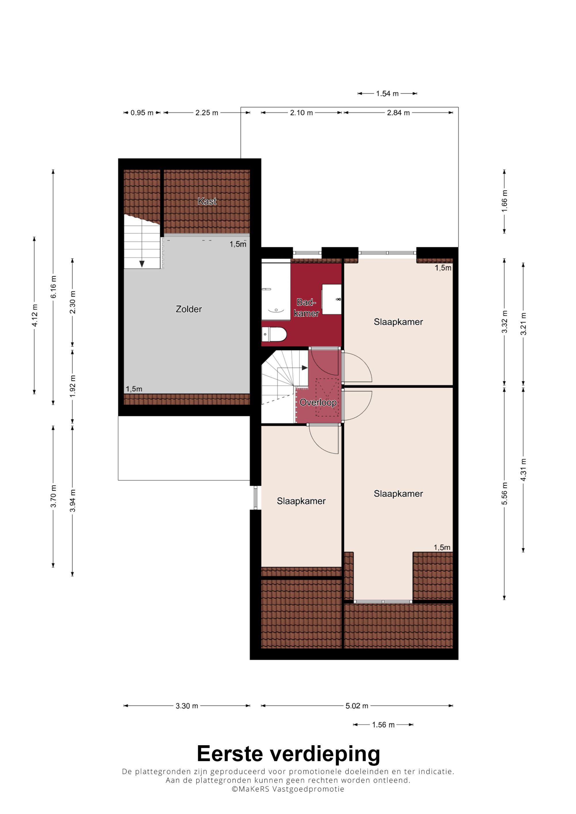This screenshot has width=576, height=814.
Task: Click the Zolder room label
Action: (189, 309)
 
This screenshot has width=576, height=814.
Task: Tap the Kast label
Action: (207, 201)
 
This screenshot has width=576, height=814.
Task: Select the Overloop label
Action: (318, 402)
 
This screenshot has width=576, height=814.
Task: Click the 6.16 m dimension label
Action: (53, 287)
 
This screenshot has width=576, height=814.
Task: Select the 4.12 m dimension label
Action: (35, 315)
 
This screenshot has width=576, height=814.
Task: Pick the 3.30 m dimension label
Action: (187, 706)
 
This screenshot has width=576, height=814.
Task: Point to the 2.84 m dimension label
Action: (398, 113)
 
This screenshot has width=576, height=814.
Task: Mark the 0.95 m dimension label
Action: (142, 113)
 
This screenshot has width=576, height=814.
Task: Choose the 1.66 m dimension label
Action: (504, 201)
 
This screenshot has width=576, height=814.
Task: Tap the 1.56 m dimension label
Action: (383, 725)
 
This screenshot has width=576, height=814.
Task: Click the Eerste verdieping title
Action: (288, 754)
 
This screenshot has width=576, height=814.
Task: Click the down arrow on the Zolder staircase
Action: (142, 264)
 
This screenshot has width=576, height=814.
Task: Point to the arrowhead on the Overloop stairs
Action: (304, 368)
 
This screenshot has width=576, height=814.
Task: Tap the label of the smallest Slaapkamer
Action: (301, 501)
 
